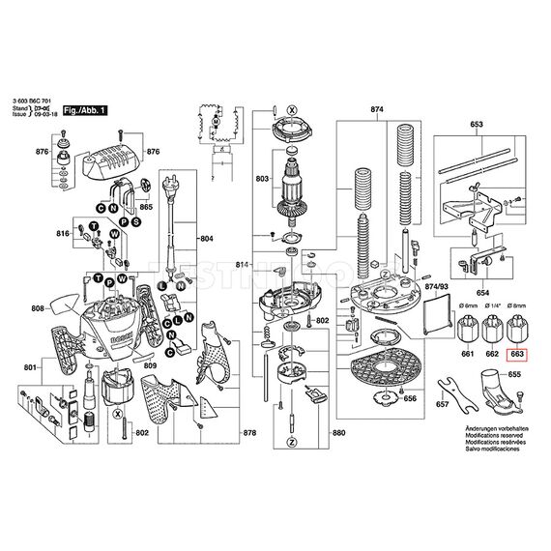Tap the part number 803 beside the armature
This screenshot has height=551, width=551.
point(262,180)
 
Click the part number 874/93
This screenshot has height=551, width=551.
point(438,287)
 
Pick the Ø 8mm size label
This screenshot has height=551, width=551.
point(517,306)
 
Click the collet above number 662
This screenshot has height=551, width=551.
point(492,331)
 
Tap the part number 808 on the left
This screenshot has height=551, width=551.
point(38,309)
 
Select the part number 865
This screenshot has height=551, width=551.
point(146,207)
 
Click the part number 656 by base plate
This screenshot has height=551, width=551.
point(410,397)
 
